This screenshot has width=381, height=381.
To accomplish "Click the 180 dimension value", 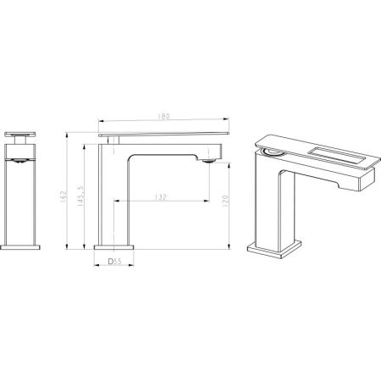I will pyautogui.click(x=164, y=118).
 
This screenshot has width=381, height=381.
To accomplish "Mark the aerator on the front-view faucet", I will pyautogui.click(x=21, y=158).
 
